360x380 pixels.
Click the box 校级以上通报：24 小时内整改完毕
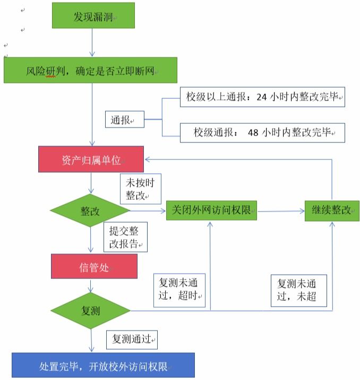[262, 97]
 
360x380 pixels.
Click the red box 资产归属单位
[91, 159]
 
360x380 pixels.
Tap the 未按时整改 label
[140, 188]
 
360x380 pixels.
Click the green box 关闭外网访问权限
[211, 210]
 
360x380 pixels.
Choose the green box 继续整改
[332, 210]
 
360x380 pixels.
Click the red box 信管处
[94, 267]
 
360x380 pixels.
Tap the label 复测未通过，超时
[179, 290]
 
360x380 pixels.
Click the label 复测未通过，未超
[298, 290]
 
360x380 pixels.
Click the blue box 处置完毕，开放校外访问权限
[103, 366]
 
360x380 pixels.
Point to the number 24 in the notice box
[261, 97]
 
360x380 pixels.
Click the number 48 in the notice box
[254, 132]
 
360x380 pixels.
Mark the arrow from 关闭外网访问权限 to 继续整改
[280, 211]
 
